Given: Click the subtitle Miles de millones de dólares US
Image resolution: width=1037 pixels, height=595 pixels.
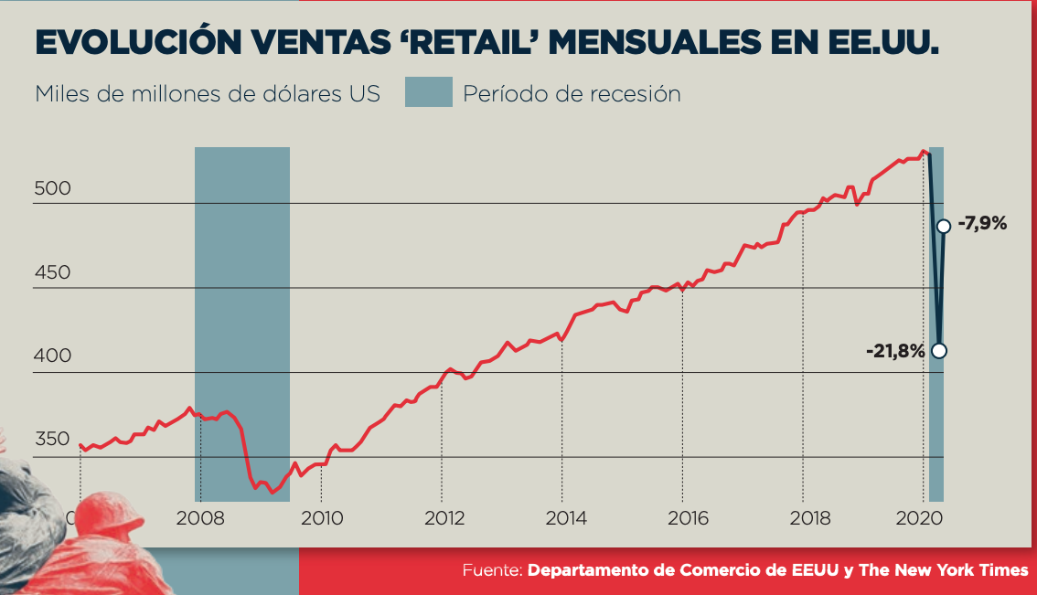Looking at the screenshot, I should coord(208,94).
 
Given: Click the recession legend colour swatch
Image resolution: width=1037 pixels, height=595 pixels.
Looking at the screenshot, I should coord(429,92).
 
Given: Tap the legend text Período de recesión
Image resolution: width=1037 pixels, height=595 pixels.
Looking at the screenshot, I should coord(572,94).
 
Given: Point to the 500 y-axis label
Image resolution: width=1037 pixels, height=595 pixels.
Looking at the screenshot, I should coord(52,188).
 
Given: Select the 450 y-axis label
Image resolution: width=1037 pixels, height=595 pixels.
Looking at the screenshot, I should coord(52,272).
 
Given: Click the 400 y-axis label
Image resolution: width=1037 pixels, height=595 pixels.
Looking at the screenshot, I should coord(52,356).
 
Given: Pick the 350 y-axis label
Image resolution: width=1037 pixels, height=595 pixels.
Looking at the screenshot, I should coord(52,440).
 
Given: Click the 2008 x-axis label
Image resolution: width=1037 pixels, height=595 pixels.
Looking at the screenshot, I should coord(200,518).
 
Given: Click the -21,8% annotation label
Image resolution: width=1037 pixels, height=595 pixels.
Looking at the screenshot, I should coord(894,350).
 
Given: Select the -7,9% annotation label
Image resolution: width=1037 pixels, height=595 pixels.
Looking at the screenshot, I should coord(982,222).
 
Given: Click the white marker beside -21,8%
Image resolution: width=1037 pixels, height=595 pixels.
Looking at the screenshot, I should coord(938,350).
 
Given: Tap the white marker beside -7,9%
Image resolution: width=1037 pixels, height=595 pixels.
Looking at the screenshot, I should coord(944,226).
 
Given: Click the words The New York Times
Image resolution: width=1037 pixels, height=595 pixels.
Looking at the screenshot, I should coord(943,570).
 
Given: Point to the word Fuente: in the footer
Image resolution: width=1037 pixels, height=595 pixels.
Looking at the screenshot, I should coord(492,570).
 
